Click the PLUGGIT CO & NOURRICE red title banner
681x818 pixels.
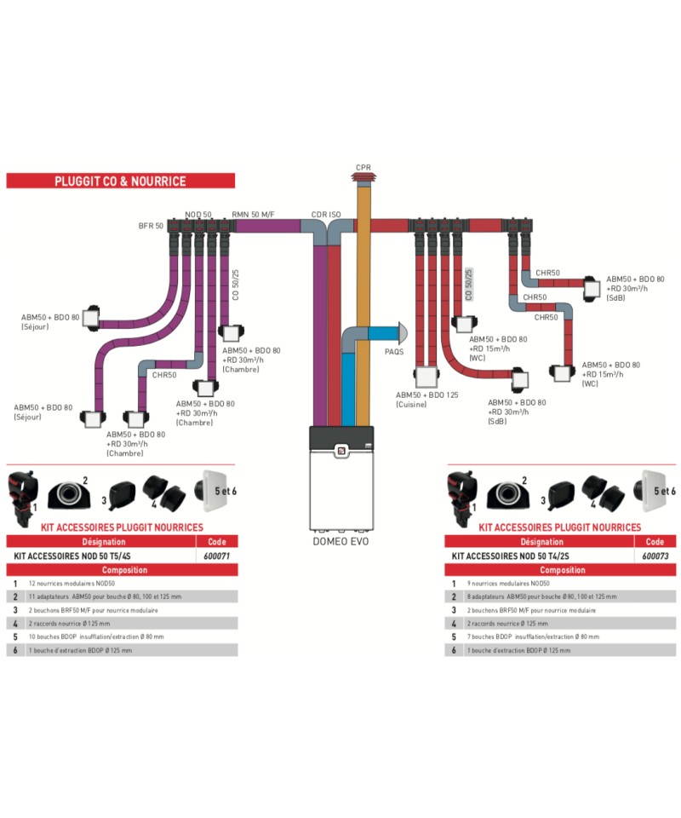[120, 181]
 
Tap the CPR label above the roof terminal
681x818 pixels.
[363, 168]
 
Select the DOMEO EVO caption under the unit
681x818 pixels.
[340, 541]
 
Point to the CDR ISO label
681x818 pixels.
[327, 215]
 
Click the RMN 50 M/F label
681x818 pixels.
[254, 215]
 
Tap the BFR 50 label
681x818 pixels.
[151, 226]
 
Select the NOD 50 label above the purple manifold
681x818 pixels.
[198, 215]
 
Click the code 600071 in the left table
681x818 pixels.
[217, 555]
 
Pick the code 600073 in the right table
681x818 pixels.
[655, 555]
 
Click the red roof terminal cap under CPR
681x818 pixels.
[363, 180]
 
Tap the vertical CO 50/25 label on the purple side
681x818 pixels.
[236, 285]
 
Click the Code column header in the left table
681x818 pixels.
[217, 541]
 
